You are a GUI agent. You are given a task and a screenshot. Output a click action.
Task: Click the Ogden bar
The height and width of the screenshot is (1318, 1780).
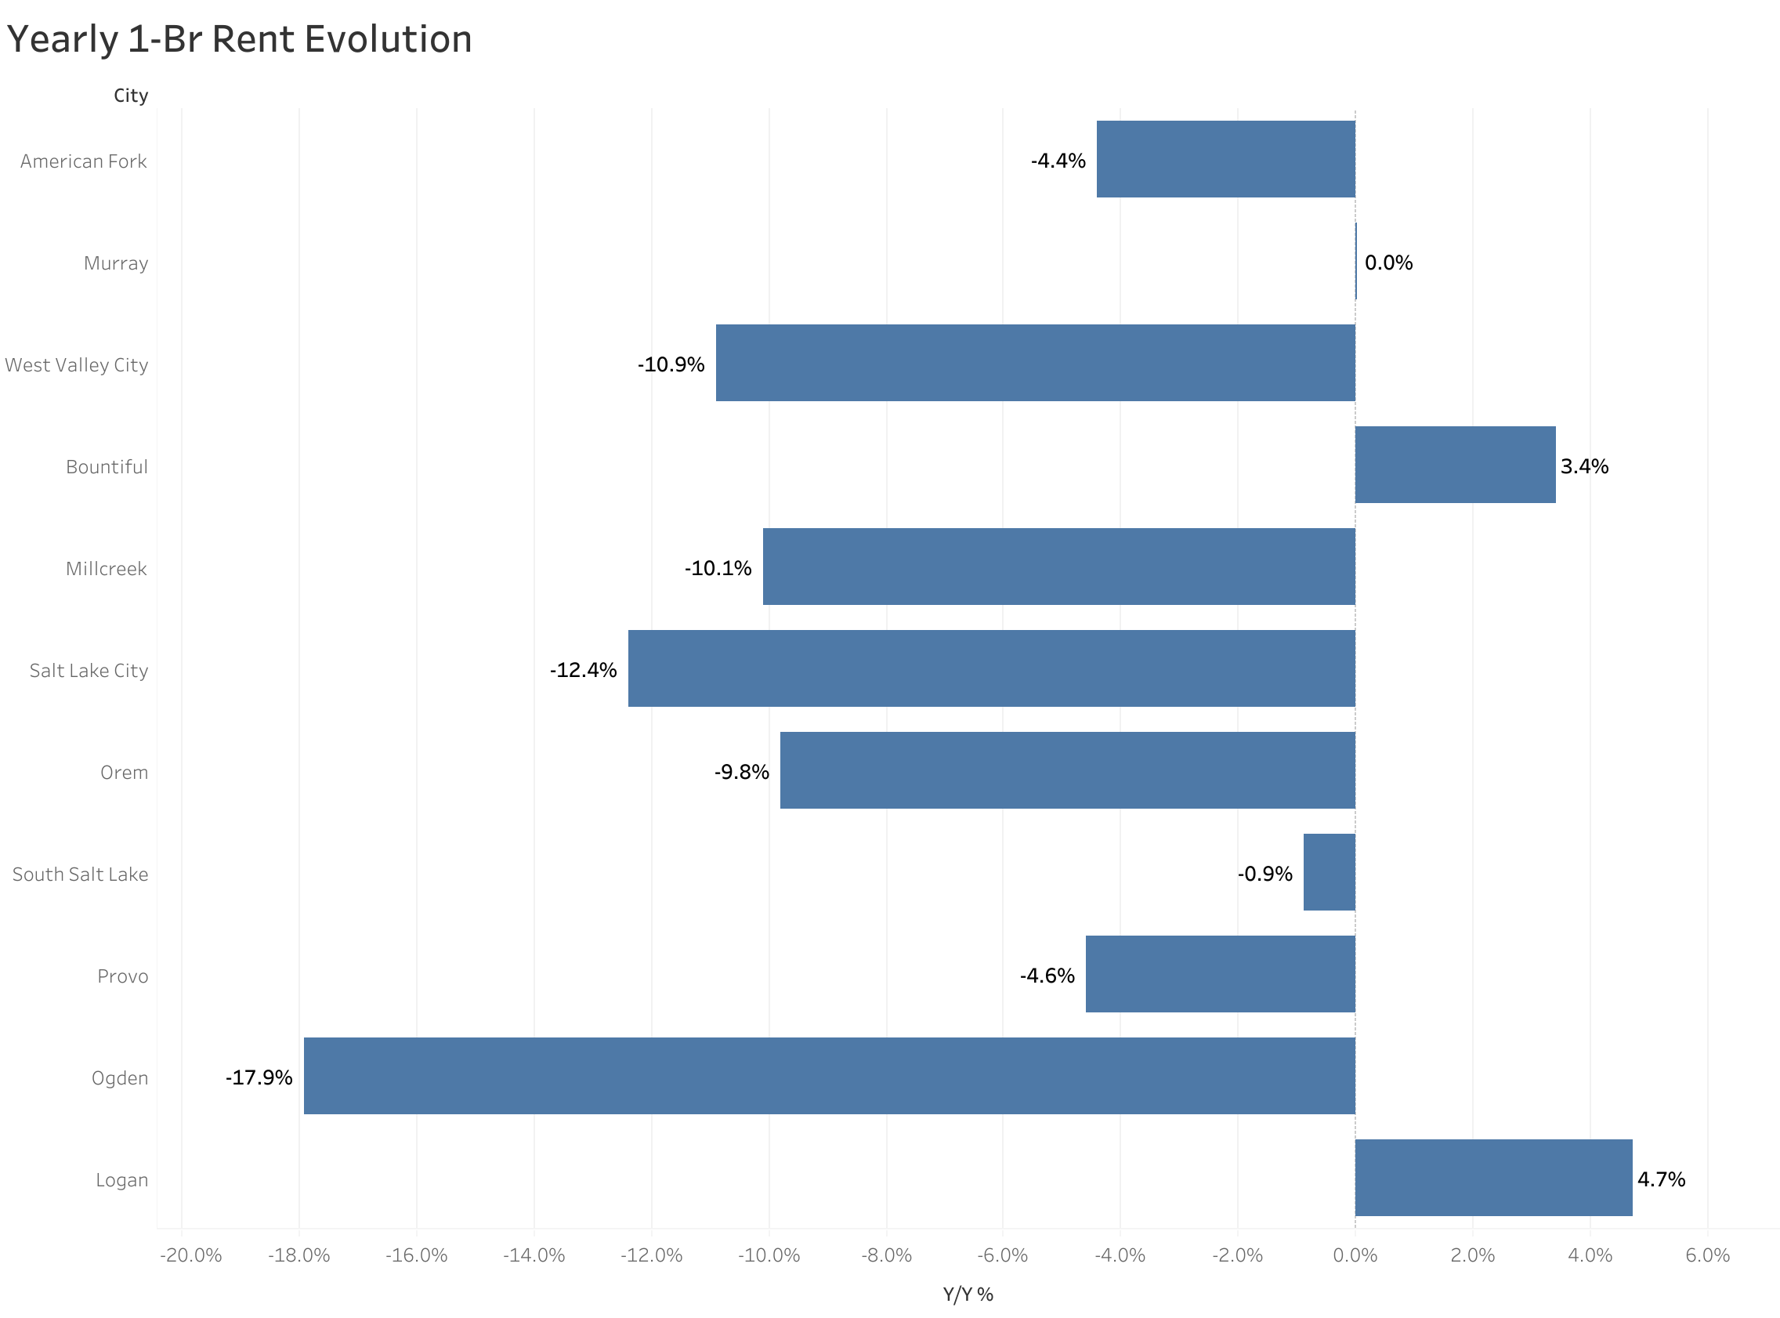coord(830,1075)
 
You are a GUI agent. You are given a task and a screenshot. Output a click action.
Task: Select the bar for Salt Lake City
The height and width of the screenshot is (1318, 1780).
coord(991,668)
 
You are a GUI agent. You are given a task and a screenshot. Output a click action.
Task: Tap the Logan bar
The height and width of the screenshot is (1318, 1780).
coord(1493,1178)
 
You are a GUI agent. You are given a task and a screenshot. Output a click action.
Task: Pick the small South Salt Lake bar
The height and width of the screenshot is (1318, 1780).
coord(1329,872)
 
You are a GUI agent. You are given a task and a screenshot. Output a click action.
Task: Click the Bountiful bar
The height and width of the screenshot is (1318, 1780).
coord(1455,465)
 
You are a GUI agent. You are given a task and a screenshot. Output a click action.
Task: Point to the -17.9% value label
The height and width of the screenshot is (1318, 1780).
coord(259,1078)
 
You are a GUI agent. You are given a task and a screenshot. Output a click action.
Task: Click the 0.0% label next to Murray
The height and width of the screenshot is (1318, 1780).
coord(1387,263)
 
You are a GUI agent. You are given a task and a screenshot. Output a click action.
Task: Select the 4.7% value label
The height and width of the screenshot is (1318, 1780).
coord(1660,1179)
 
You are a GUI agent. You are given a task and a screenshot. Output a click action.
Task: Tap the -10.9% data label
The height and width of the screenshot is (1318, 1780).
coord(671,364)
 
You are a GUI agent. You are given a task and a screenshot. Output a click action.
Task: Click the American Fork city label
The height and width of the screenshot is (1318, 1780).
coord(84,161)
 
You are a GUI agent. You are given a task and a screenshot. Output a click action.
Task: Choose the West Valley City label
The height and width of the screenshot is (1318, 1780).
coord(77,364)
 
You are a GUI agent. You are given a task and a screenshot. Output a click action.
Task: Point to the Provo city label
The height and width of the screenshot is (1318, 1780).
coord(123,976)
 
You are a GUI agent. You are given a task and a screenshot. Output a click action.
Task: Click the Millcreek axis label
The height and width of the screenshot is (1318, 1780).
coord(106,569)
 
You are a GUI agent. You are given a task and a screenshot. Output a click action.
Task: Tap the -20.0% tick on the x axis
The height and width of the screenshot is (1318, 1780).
coord(190,1255)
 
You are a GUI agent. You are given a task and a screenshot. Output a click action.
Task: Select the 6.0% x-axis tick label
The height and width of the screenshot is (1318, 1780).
coord(1706,1255)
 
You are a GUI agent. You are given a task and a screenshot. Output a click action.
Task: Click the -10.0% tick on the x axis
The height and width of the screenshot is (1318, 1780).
coord(769,1255)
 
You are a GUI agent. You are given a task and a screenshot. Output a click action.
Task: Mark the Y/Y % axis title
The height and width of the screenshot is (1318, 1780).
coord(968,1294)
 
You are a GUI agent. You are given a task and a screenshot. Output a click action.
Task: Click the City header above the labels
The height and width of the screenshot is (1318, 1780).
coord(131,96)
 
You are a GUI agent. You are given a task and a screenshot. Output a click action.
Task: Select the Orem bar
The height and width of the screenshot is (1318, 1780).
coord(1067,770)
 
